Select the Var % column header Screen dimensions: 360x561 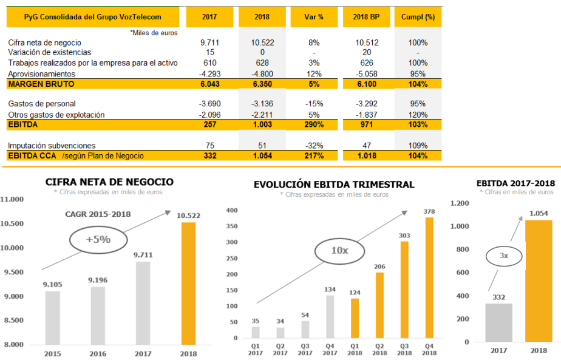(314, 17)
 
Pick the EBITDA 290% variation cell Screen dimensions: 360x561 (314, 124)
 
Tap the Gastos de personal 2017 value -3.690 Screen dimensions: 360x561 (209, 104)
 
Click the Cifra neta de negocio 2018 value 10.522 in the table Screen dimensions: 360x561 (262, 43)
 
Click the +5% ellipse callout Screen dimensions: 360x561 (98, 239)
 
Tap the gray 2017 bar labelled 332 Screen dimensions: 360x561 (498, 322)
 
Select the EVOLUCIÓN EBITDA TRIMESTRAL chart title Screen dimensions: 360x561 (334, 185)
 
